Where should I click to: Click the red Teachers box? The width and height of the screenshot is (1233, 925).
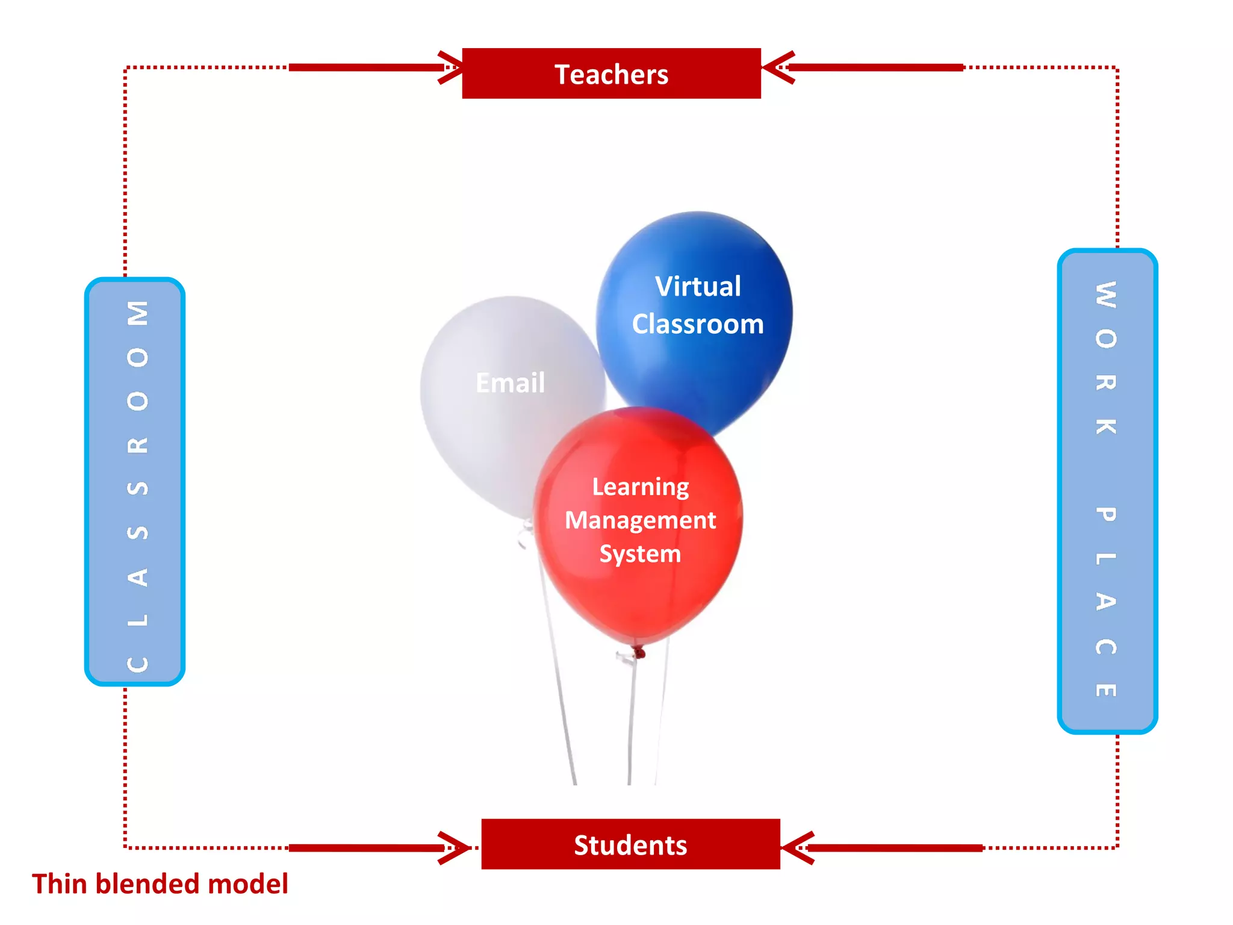pos(611,73)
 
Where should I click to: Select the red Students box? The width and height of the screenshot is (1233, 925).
pos(630,844)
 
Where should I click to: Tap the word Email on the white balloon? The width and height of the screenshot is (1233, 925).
pos(510,383)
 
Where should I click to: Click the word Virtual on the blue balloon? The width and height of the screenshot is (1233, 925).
pos(698,287)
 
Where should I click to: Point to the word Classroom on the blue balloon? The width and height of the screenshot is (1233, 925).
pos(698,325)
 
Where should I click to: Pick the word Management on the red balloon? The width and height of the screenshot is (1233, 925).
pos(640,520)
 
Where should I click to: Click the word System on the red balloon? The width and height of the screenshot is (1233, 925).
pos(640,554)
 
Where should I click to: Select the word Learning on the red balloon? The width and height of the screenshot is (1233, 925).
pos(641,487)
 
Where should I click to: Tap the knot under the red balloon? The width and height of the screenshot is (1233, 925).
pos(638,652)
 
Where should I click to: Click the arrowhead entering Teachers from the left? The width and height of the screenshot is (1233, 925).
pos(450,67)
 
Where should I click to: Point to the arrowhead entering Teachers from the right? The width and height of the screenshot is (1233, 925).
pos(777,67)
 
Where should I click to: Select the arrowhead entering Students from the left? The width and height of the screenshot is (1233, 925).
pos(454,848)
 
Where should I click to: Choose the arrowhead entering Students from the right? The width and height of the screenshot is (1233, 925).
pos(796,848)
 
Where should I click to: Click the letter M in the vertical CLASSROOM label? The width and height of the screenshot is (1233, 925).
pos(138,313)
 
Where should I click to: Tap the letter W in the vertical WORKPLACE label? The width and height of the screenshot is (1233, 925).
pos(1106,295)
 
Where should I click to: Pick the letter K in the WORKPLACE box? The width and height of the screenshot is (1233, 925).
pos(1106,426)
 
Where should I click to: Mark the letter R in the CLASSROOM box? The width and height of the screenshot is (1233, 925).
pos(138,445)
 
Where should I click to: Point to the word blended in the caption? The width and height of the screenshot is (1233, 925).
pos(148,884)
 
